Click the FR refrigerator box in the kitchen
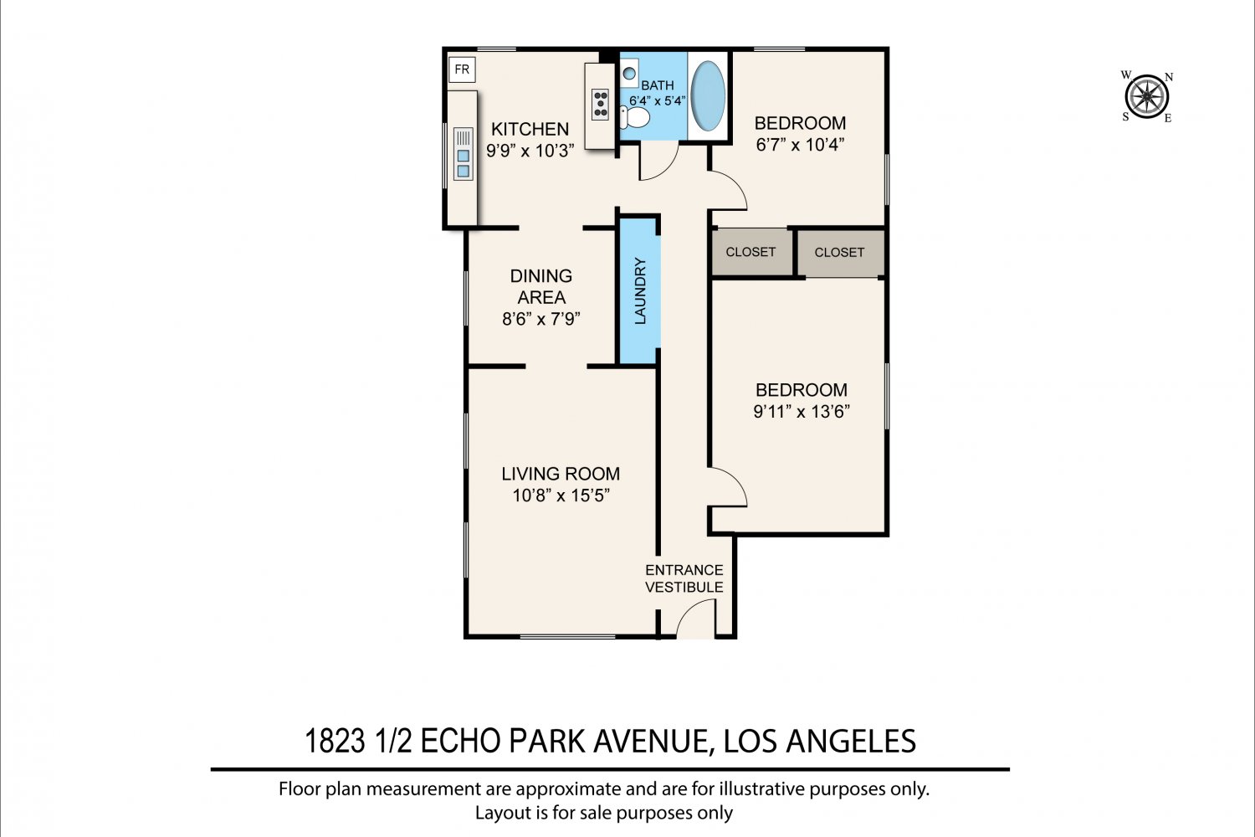pos(462,69)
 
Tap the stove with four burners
pos(600,105)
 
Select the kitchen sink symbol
pos(464,154)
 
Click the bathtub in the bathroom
pos(708,96)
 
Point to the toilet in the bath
pos(635,118)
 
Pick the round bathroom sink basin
pos(629,74)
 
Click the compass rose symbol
pos(1147,96)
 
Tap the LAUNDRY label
pos(640,291)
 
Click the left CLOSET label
pos(750,252)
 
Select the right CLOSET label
pos(838,252)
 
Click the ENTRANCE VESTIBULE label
pos(684,578)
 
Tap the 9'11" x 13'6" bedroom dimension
pos(802,412)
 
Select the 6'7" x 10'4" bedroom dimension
pos(800,145)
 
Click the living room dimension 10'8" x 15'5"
pos(561,496)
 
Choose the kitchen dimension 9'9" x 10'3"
pos(530,151)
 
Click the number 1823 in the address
pos(335,741)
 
